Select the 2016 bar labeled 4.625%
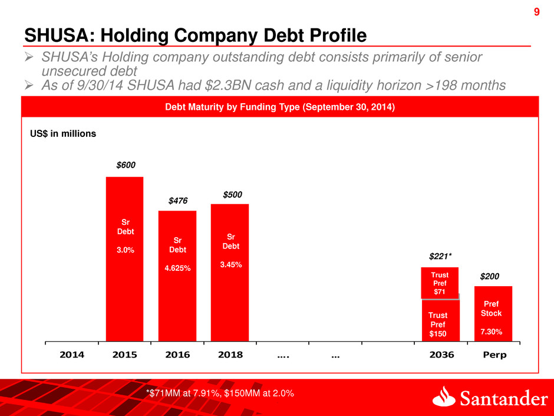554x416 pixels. pos(177,276)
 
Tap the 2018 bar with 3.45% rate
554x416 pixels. pos(229,272)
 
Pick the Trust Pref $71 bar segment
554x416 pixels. pos(440,283)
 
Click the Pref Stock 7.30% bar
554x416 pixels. pos(493,313)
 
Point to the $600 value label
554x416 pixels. pos(124,166)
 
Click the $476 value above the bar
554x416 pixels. pos(177,201)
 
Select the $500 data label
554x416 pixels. pos(232,194)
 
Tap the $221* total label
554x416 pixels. pos(440,257)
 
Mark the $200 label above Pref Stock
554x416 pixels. pos(490,276)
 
